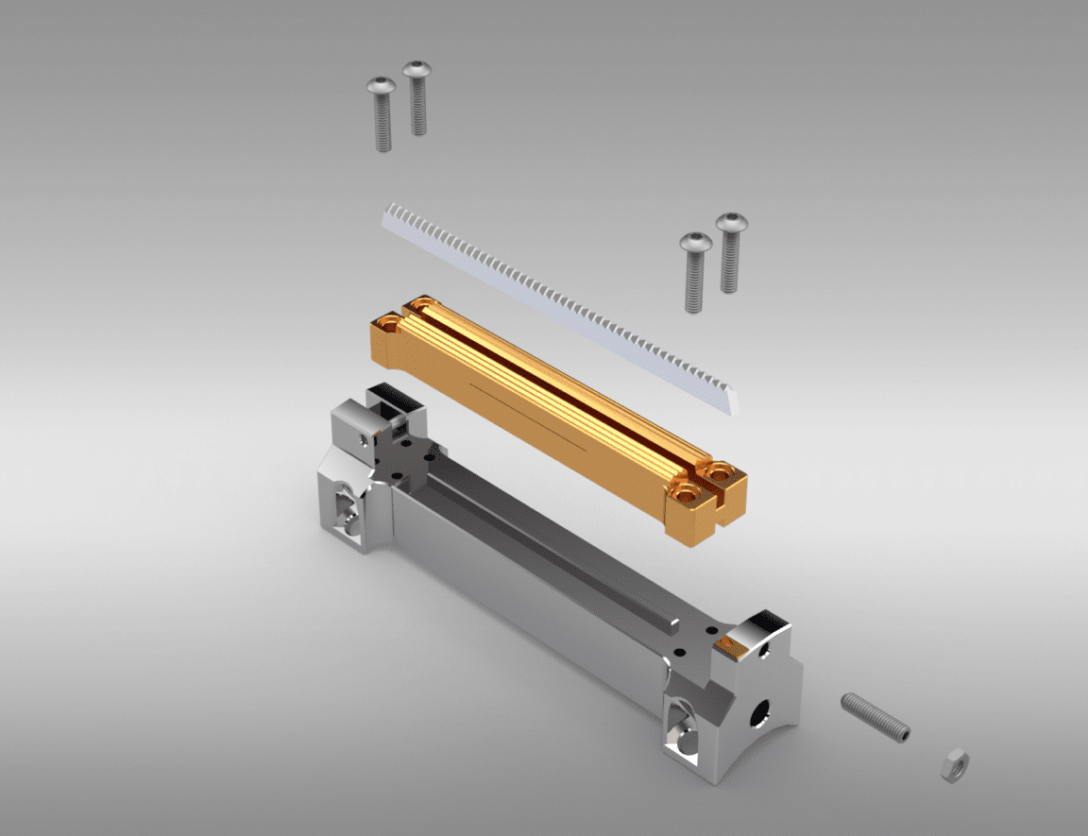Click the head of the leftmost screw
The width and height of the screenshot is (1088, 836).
(x=379, y=87)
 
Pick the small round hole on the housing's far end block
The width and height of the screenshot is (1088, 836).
(x=363, y=439)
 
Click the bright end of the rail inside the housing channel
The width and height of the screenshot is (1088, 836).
(x=674, y=623)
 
